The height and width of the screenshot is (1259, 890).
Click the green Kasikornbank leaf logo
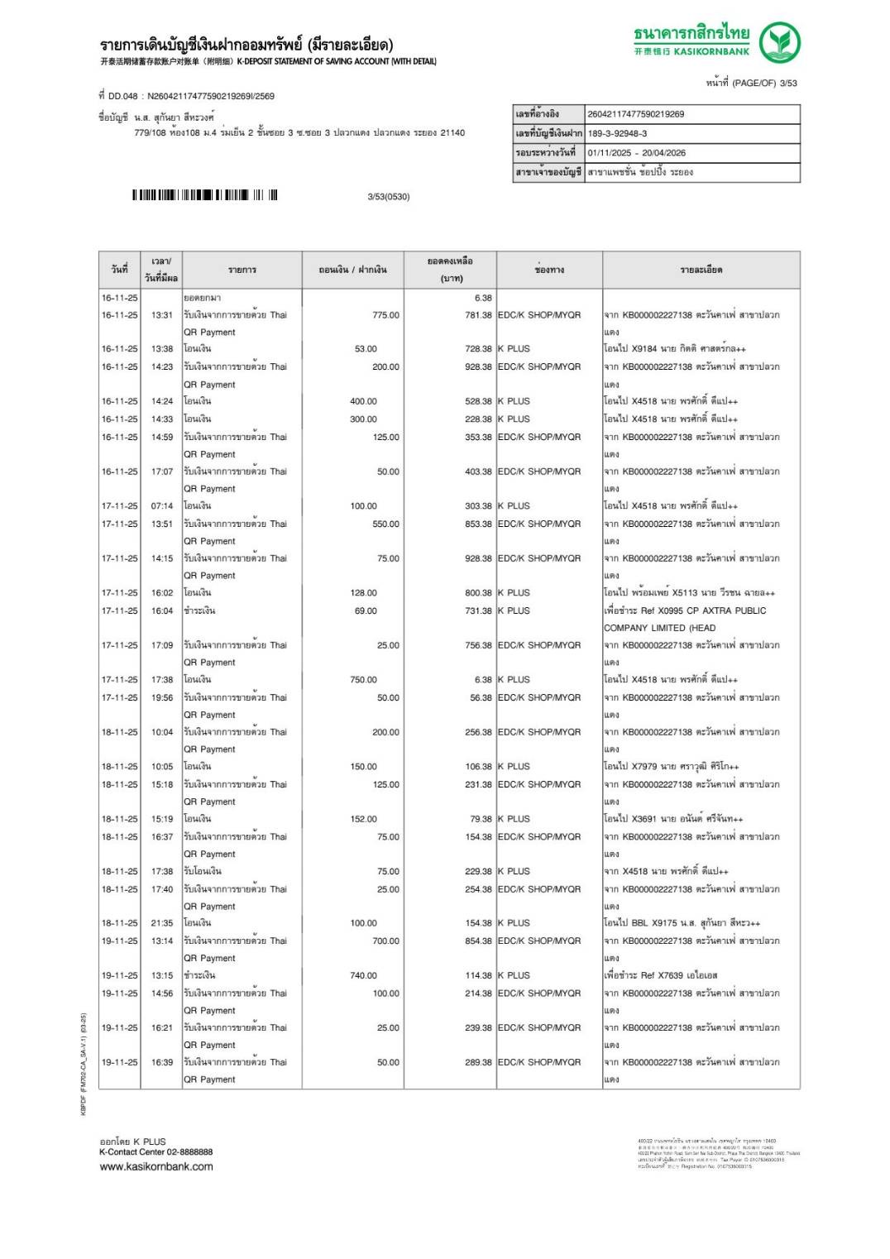click(x=779, y=43)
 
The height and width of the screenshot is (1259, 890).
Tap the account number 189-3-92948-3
click(x=617, y=133)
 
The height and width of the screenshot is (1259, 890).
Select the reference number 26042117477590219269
click(x=635, y=114)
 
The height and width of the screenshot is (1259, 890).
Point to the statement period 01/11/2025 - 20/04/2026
click(x=636, y=153)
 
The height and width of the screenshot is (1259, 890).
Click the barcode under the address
click(x=204, y=195)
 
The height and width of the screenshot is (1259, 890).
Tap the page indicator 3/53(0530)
click(x=388, y=197)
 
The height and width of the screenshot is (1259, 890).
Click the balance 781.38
click(x=478, y=315)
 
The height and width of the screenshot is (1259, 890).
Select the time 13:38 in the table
click(x=162, y=349)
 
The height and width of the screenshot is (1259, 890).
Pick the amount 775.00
click(x=385, y=315)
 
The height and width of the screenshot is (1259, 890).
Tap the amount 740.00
click(x=363, y=976)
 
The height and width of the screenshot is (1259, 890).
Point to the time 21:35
click(x=162, y=923)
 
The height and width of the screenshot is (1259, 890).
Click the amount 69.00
click(x=366, y=611)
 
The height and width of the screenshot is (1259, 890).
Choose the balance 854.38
click(x=478, y=941)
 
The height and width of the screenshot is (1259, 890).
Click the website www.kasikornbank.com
click(x=156, y=1167)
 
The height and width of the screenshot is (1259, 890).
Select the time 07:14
click(x=162, y=506)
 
